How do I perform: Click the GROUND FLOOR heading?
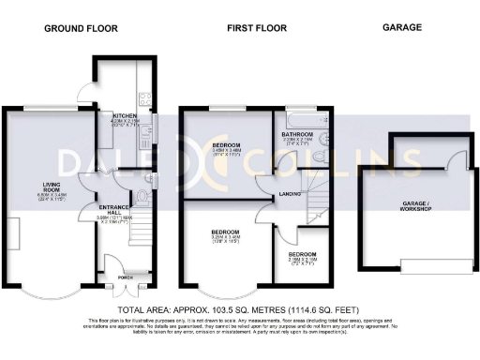pyautogui.click(x=81, y=28)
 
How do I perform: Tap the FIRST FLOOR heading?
pyautogui.click(x=250, y=28)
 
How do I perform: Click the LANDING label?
pyautogui.click(x=289, y=195)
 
